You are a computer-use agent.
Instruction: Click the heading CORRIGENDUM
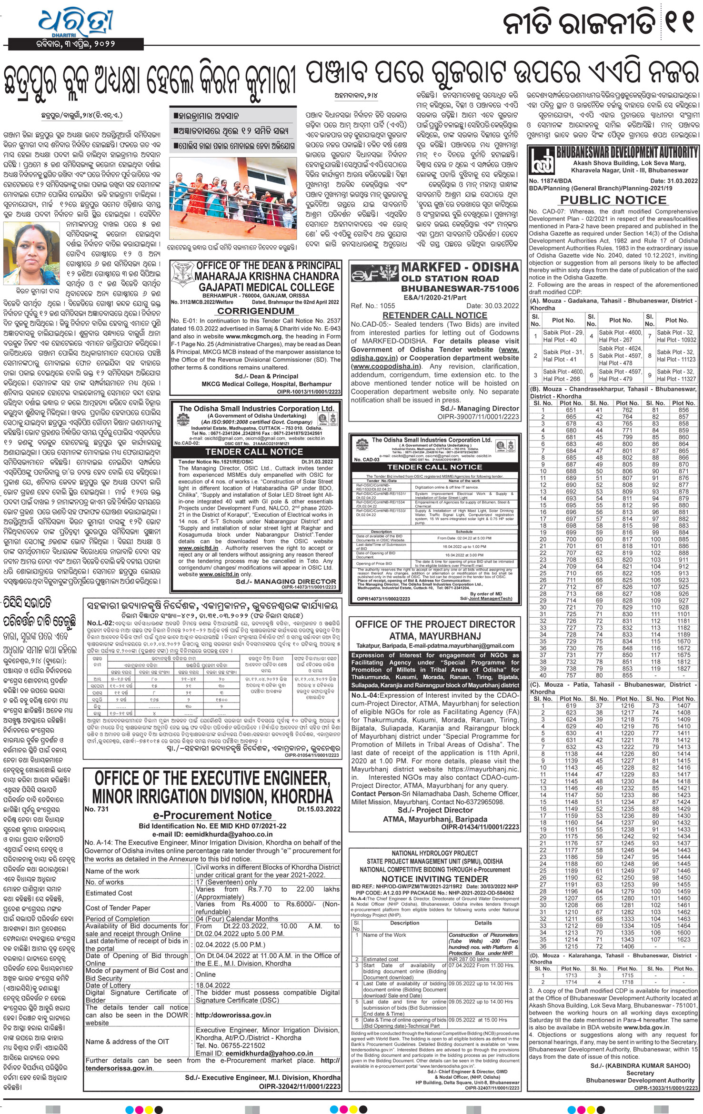coord(255,311)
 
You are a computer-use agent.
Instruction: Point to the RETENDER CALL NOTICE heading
coord(434,315)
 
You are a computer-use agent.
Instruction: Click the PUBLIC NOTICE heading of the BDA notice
coord(613,200)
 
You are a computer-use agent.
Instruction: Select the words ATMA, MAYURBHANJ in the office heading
coord(435,636)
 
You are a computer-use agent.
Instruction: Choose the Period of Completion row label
coord(118,918)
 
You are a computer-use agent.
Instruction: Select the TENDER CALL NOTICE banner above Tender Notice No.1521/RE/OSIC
coord(254,452)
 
